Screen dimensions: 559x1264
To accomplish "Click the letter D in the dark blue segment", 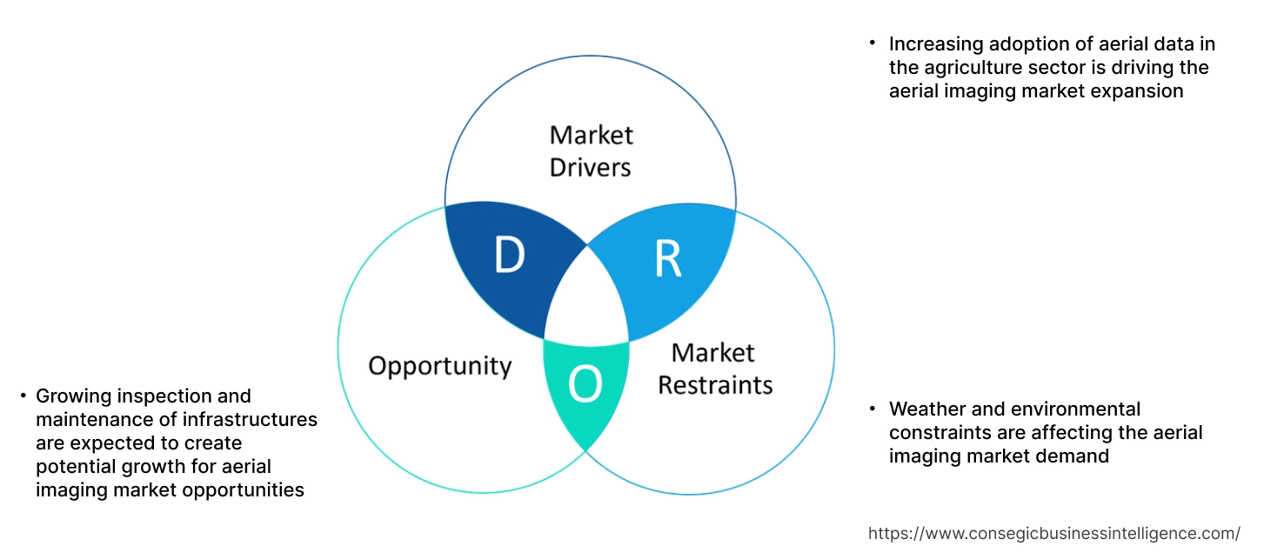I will click(x=509, y=255).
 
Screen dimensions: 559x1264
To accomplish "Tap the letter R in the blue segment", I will click(x=667, y=258).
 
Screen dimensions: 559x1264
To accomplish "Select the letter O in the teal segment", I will click(x=585, y=385).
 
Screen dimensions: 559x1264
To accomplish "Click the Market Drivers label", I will click(x=591, y=150).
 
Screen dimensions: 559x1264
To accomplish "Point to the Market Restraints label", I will click(x=714, y=369).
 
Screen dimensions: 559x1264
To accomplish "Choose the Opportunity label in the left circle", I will click(x=439, y=365).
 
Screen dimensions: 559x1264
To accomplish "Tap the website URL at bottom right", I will click(x=1054, y=533).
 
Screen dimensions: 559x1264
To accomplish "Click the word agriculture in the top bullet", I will click(x=973, y=68).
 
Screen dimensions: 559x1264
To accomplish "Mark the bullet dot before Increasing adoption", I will click(x=873, y=43).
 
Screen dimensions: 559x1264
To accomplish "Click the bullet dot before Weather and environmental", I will click(x=873, y=408).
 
